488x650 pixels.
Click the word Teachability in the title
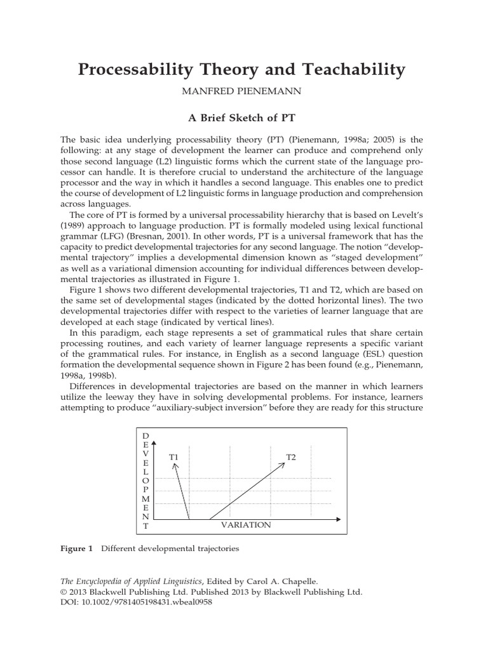coord(346,70)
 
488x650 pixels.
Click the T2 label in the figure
coord(291,457)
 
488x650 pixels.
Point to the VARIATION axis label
coord(246,525)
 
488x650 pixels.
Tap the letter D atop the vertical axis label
coord(146,436)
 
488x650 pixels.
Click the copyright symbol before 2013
coord(64,592)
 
